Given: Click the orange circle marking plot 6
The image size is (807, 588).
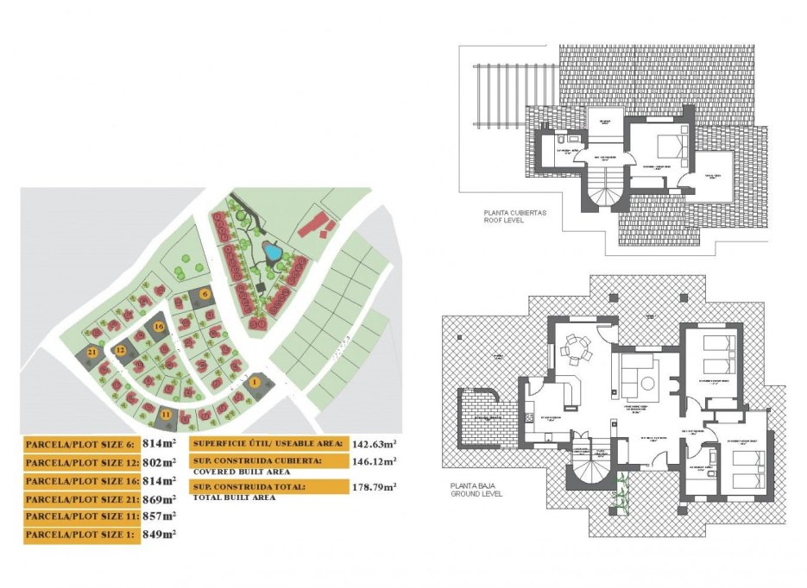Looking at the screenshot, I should (205, 294).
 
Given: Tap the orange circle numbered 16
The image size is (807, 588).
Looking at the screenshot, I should (159, 327).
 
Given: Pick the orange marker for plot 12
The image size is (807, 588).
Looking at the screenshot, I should (121, 350).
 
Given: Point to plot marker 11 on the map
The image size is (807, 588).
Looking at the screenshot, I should (166, 415).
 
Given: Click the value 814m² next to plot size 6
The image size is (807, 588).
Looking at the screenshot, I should (159, 444).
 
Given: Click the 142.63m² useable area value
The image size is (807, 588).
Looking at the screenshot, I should (378, 443).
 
